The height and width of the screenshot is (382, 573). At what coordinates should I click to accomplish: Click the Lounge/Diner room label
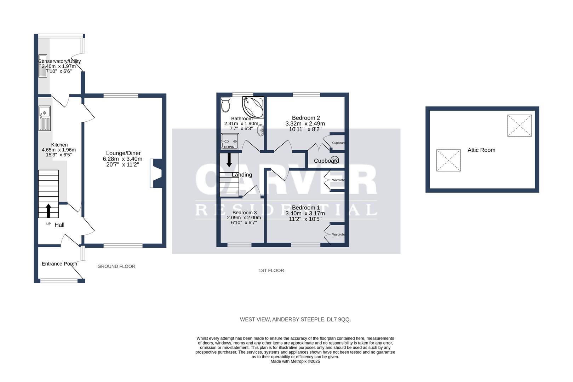coord(124,153)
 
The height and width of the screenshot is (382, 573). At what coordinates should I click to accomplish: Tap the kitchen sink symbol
coord(45,118)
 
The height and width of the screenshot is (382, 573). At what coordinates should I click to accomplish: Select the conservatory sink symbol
coord(42,66)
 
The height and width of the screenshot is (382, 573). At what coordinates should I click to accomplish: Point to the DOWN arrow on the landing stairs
coord(229,160)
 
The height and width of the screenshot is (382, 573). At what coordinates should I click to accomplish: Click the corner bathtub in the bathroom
coord(253,107)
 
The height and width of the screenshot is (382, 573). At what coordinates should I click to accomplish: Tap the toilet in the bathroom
coord(225,105)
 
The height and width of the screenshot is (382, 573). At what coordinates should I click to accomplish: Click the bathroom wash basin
coord(261,130)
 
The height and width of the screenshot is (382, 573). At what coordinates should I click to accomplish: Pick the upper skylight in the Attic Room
coord(519,126)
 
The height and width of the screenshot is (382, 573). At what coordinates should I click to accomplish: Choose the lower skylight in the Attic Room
coord(448,160)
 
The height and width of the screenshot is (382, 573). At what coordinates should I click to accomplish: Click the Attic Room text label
coord(481,150)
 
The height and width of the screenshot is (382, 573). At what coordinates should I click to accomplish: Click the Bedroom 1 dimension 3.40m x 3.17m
coord(305,213)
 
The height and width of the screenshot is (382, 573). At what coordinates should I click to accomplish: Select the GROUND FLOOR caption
coord(116,266)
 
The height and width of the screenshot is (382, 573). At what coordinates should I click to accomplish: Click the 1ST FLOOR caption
coord(271,271)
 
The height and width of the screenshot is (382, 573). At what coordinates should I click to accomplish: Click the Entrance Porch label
coord(59,264)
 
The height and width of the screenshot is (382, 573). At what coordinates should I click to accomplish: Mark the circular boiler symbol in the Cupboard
coord(334,159)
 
